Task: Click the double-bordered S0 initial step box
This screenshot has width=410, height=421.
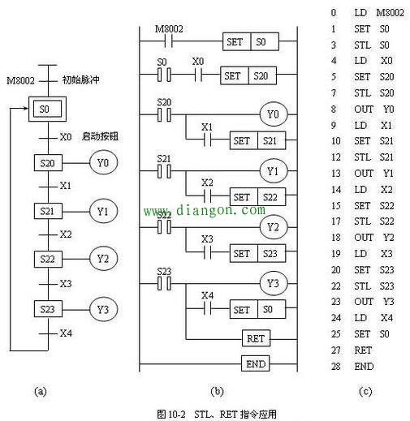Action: [45, 107]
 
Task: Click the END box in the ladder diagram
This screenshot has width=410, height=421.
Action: [256, 363]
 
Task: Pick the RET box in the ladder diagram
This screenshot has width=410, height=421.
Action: [256, 337]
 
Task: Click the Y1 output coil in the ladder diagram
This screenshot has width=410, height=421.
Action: [273, 171]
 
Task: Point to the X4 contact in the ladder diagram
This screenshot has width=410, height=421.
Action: [208, 309]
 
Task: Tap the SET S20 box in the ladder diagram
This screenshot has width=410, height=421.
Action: [246, 75]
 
